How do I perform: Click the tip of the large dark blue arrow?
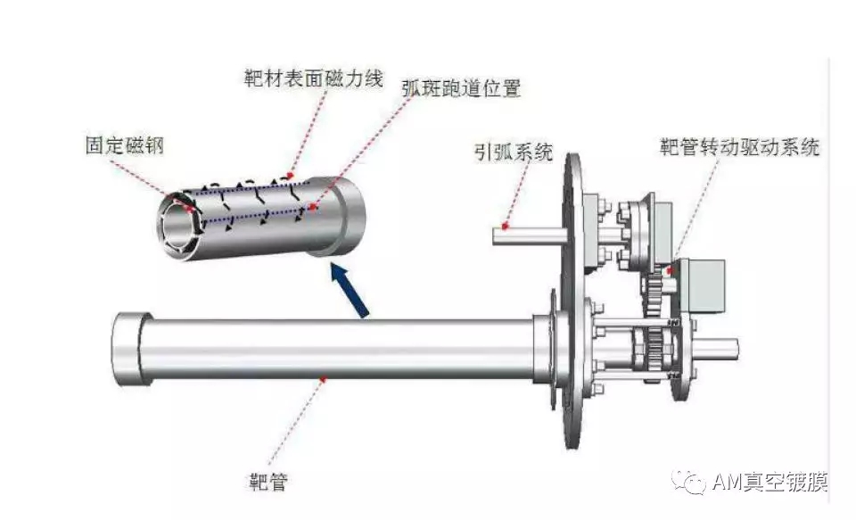tap(333, 264)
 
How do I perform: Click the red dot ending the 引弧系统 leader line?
tap(506, 226)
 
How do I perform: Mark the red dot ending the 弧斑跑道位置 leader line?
tap(312, 208)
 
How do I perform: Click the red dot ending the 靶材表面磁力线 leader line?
tap(291, 175)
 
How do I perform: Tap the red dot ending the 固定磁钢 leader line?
tap(189, 208)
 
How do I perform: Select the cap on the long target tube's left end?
tap(129, 349)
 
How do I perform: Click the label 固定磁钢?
tap(125, 145)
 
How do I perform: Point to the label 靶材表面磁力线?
tap(313, 78)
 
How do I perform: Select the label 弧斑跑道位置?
tap(461, 88)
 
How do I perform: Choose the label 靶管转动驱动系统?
tap(739, 147)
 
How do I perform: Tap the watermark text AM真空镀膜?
tap(770, 482)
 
